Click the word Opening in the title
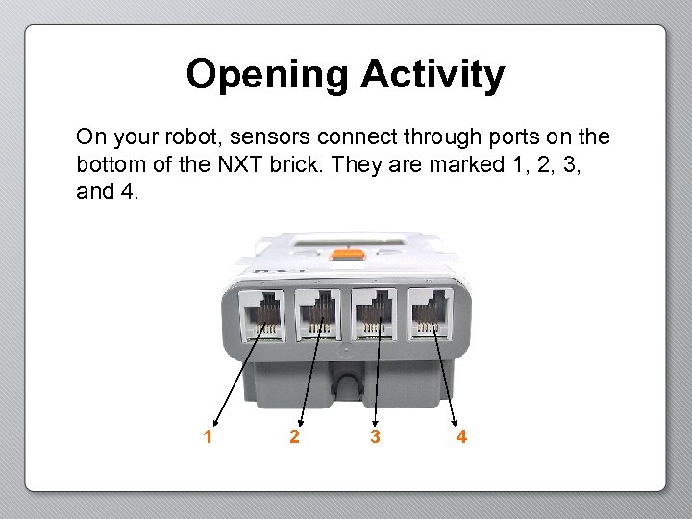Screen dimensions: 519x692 click(x=268, y=75)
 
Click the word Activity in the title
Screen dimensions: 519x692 click(x=432, y=75)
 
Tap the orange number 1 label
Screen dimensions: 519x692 click(x=208, y=437)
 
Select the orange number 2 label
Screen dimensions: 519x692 click(x=294, y=437)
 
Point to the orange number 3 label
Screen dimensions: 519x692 click(x=375, y=437)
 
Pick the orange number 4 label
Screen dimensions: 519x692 click(x=461, y=437)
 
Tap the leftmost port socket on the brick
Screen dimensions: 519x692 click(x=259, y=313)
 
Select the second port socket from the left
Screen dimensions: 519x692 click(x=316, y=313)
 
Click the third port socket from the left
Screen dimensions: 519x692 click(x=373, y=313)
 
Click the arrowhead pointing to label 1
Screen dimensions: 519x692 click(x=213, y=419)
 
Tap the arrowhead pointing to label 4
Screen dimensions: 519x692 click(x=456, y=419)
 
